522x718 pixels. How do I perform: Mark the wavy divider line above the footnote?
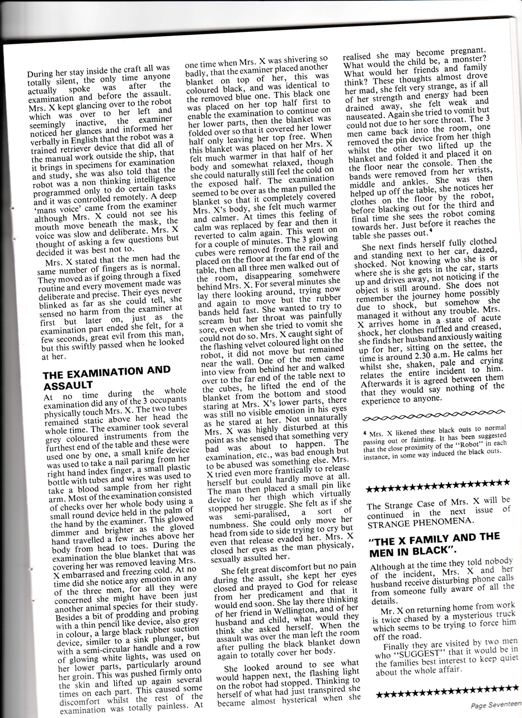(x=430, y=417)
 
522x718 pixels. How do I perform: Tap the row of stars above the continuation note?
(x=437, y=482)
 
